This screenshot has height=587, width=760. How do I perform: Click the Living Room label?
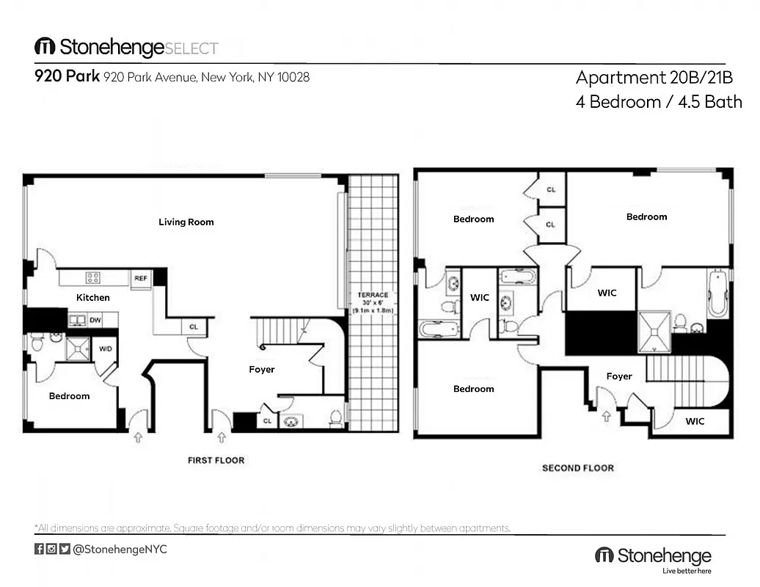pyautogui.click(x=186, y=222)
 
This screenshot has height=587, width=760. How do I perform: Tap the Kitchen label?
pyautogui.click(x=93, y=297)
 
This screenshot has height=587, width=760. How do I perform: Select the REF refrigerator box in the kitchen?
pyautogui.click(x=140, y=278)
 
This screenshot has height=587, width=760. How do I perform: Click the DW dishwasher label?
pyautogui.click(x=95, y=320)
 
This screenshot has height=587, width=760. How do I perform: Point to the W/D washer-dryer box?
pyautogui.click(x=106, y=349)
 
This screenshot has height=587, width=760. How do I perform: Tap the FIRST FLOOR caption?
pyautogui.click(x=216, y=460)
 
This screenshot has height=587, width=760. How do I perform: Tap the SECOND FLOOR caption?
pyautogui.click(x=578, y=467)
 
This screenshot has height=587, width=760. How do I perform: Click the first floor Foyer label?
pyautogui.click(x=262, y=370)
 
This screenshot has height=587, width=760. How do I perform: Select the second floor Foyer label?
pyautogui.click(x=619, y=376)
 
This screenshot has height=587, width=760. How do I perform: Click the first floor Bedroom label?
pyautogui.click(x=70, y=396)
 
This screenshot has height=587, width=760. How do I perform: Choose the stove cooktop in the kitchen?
pyautogui.click(x=93, y=277)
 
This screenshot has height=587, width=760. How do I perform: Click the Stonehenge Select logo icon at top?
pyautogui.click(x=45, y=47)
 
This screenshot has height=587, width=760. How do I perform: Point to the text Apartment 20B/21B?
pyautogui.click(x=654, y=78)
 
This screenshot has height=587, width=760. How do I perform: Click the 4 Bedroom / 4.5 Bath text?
pyautogui.click(x=659, y=102)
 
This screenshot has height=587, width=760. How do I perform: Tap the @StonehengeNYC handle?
pyautogui.click(x=120, y=549)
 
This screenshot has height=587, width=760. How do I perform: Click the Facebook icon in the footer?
pyautogui.click(x=39, y=549)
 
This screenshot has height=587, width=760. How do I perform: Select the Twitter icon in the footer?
pyautogui.click(x=65, y=549)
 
